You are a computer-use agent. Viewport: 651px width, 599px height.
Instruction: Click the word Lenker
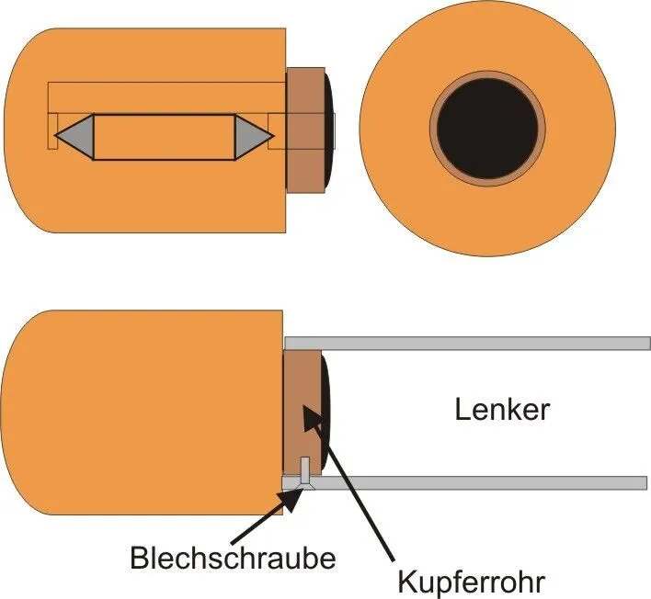coord(502,409)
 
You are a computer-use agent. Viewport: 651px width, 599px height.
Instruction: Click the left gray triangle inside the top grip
coord(75,136)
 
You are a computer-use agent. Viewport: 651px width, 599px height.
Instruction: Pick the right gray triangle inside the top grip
coord(254,136)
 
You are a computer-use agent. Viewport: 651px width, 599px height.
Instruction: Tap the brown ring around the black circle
coord(487,75)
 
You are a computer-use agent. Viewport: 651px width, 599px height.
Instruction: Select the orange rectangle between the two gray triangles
coord(166,136)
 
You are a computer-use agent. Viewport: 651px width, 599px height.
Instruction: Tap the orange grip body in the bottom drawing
coord(138,413)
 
